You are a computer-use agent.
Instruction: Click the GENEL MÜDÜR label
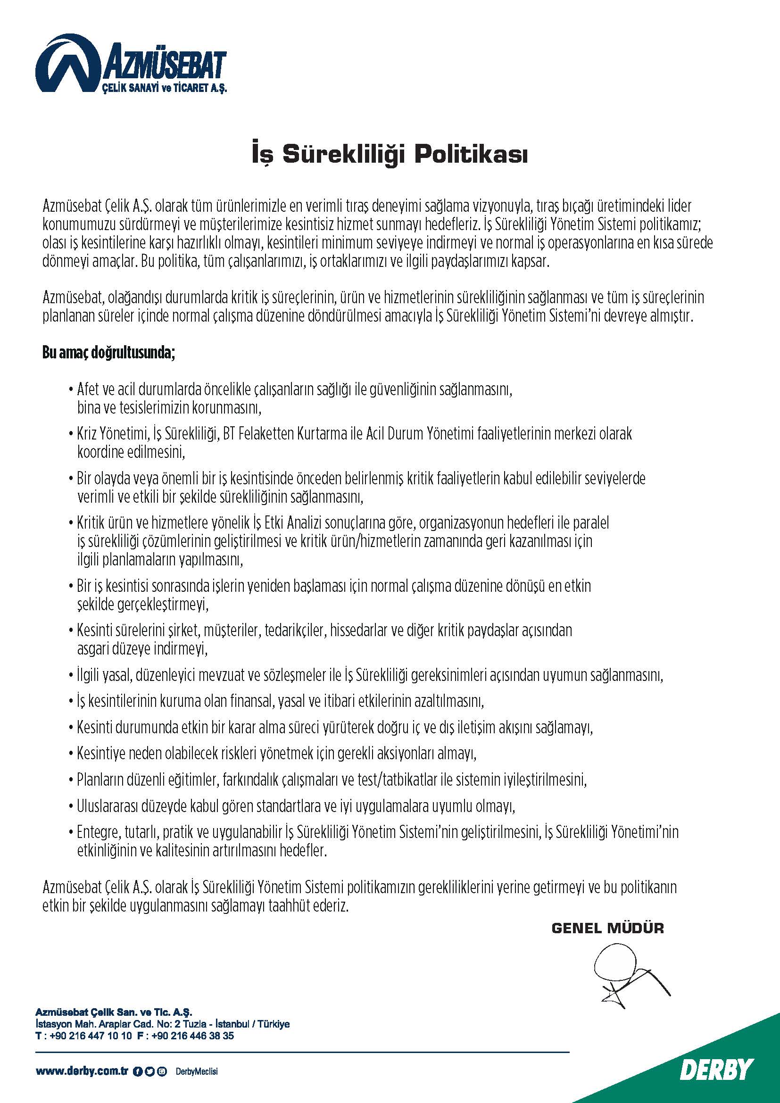point(607,928)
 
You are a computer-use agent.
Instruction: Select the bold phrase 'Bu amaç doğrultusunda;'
point(108,353)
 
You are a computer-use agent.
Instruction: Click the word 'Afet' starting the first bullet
point(88,389)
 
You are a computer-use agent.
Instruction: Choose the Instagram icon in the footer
point(163,1071)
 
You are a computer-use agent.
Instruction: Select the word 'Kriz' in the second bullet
point(87,434)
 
